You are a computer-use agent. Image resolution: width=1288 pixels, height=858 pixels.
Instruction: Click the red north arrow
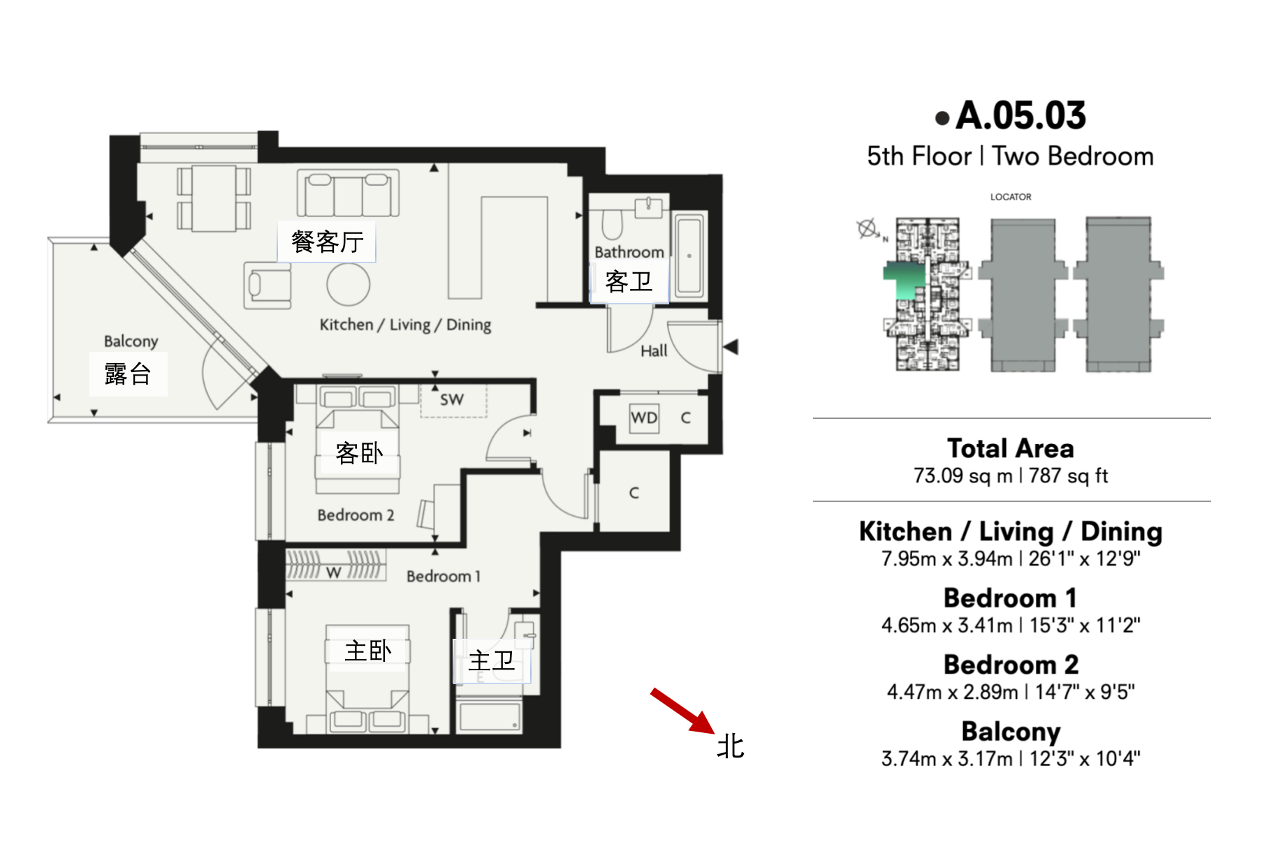[682, 711]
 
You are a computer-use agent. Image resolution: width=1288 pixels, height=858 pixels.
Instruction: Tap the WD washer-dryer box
[643, 418]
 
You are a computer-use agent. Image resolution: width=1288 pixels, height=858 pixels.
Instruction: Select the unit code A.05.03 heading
[1020, 115]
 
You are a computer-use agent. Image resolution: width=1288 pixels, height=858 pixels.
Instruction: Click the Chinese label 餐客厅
[327, 242]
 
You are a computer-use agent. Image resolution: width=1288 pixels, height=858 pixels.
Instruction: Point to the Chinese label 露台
[128, 373]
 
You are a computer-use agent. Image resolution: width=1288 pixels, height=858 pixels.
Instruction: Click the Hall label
[654, 350]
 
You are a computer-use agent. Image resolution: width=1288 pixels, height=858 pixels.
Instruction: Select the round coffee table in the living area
[349, 283]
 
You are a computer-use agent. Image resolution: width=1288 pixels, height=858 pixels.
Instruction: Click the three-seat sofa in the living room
[348, 193]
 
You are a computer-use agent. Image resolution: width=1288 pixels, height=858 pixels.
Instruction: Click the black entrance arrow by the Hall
[731, 346]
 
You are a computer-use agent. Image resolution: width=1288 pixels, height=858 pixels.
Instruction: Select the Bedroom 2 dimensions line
[1011, 692]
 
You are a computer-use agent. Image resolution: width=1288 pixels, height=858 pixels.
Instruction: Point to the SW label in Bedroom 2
[452, 399]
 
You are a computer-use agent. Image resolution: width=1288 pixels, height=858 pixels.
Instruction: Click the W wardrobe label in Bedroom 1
[334, 572]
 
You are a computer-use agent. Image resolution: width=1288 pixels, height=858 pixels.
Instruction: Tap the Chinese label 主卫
[491, 660]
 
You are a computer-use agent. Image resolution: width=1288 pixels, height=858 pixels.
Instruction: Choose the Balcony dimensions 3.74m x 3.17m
[946, 759]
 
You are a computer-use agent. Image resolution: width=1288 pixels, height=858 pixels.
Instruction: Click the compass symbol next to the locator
[868, 229]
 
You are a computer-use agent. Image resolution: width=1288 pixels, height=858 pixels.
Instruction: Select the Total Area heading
[1011, 448]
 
